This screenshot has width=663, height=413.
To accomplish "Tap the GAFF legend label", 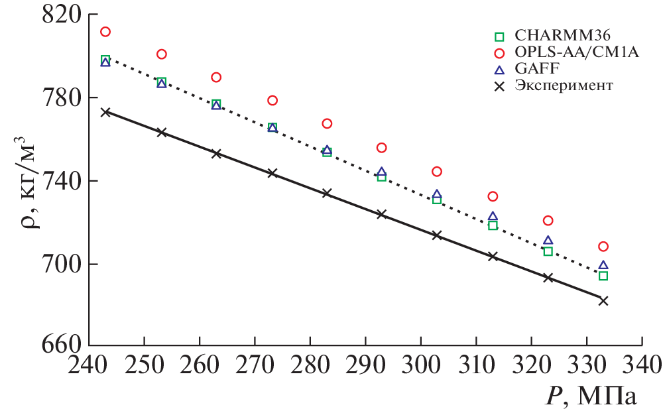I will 535,69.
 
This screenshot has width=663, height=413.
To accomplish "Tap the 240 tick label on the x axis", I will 89,366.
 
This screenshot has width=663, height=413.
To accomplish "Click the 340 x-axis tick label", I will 642,366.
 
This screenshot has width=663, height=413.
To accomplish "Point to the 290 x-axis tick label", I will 365,366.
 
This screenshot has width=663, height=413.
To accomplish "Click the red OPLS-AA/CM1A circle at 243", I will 105,32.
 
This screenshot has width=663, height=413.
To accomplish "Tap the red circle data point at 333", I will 603,247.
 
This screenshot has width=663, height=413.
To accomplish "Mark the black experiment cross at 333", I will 603,301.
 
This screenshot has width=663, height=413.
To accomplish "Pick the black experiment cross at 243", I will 105,112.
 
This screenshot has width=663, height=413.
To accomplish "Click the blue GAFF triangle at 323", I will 548,241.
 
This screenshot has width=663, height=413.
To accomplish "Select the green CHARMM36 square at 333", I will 603,276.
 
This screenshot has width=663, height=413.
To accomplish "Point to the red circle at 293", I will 381,148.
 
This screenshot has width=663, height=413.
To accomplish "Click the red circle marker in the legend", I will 501,52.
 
